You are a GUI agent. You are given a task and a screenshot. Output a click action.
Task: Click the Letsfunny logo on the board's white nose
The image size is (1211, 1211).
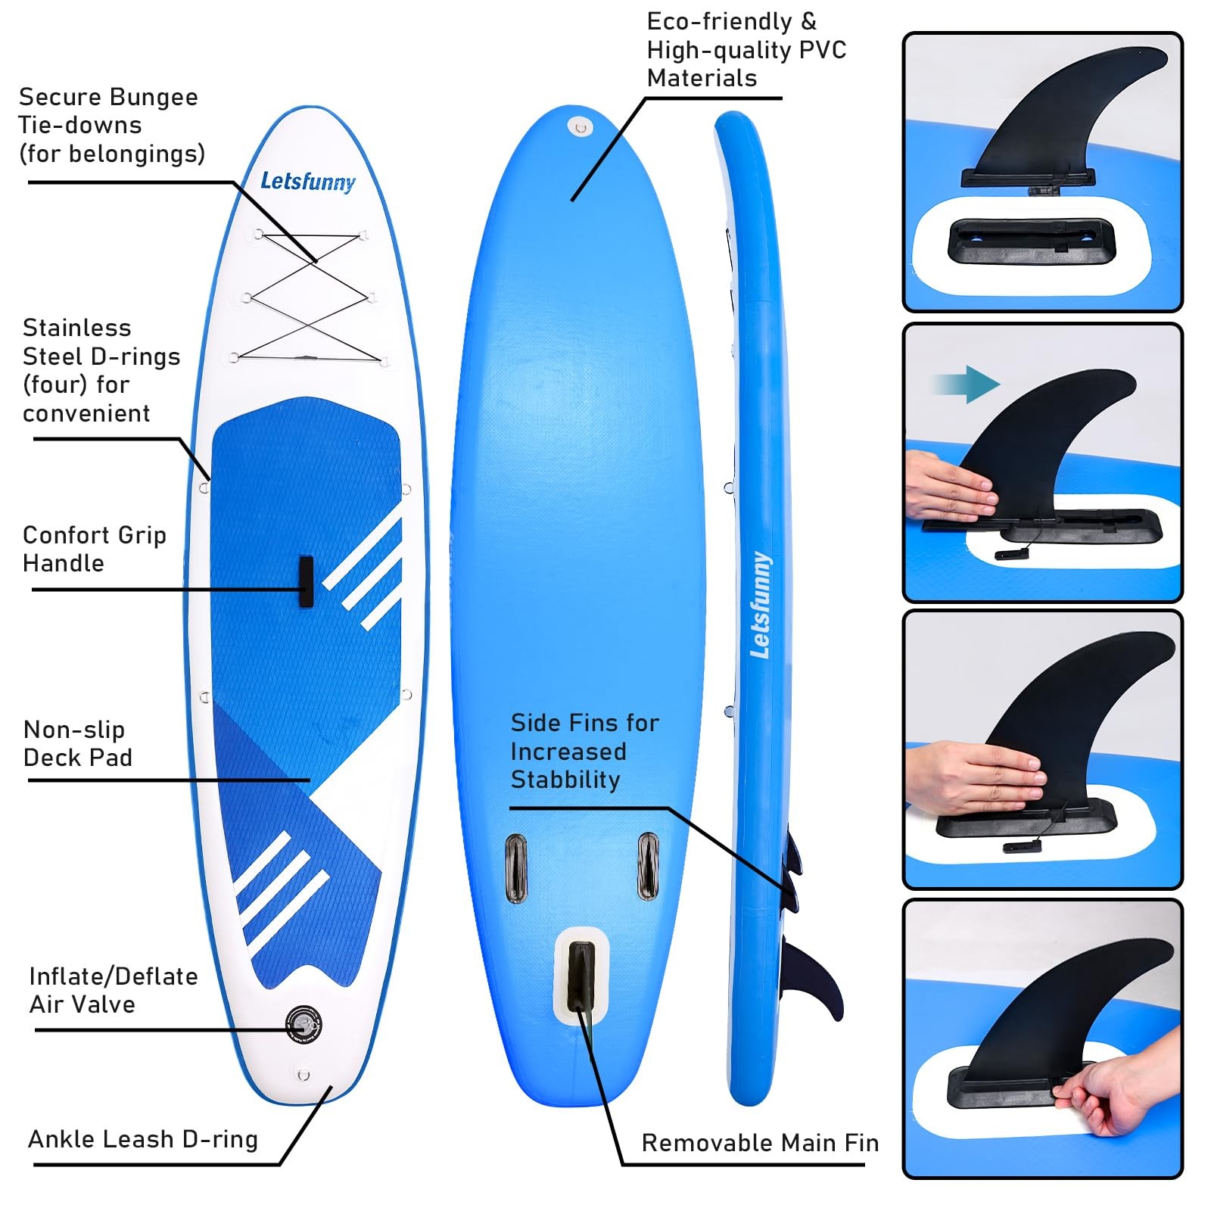tap(307, 182)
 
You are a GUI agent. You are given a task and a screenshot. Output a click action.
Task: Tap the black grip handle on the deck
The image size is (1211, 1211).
tap(306, 581)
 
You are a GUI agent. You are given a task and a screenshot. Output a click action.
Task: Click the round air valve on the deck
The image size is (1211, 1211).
tap(304, 1026)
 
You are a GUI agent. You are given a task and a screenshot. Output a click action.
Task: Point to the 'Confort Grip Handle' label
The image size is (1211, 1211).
tap(94, 549)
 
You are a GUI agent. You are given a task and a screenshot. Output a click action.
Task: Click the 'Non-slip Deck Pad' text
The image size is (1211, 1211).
tap(77, 743)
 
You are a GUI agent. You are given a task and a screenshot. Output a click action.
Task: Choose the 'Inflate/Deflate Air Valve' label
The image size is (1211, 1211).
tap(113, 990)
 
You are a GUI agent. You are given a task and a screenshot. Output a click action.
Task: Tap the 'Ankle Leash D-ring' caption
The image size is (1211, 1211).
tap(143, 1139)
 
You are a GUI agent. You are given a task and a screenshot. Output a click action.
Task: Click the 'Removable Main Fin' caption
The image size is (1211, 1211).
tap(760, 1143)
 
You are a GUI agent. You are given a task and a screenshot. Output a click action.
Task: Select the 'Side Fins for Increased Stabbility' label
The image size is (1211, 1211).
tap(584, 751)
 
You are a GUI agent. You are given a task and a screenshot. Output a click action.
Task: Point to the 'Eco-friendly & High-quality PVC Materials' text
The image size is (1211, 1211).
tap(746, 50)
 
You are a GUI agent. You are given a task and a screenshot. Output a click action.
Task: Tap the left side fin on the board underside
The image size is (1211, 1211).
tap(515, 867)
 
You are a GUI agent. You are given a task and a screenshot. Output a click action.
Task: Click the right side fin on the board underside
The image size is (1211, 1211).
tap(648, 866)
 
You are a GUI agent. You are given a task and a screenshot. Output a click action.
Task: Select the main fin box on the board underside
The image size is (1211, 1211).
tap(581, 976)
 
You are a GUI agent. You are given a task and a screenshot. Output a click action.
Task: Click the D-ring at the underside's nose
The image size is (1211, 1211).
tap(581, 127)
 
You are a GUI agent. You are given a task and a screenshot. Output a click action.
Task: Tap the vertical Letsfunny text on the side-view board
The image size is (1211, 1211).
tap(760, 605)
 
